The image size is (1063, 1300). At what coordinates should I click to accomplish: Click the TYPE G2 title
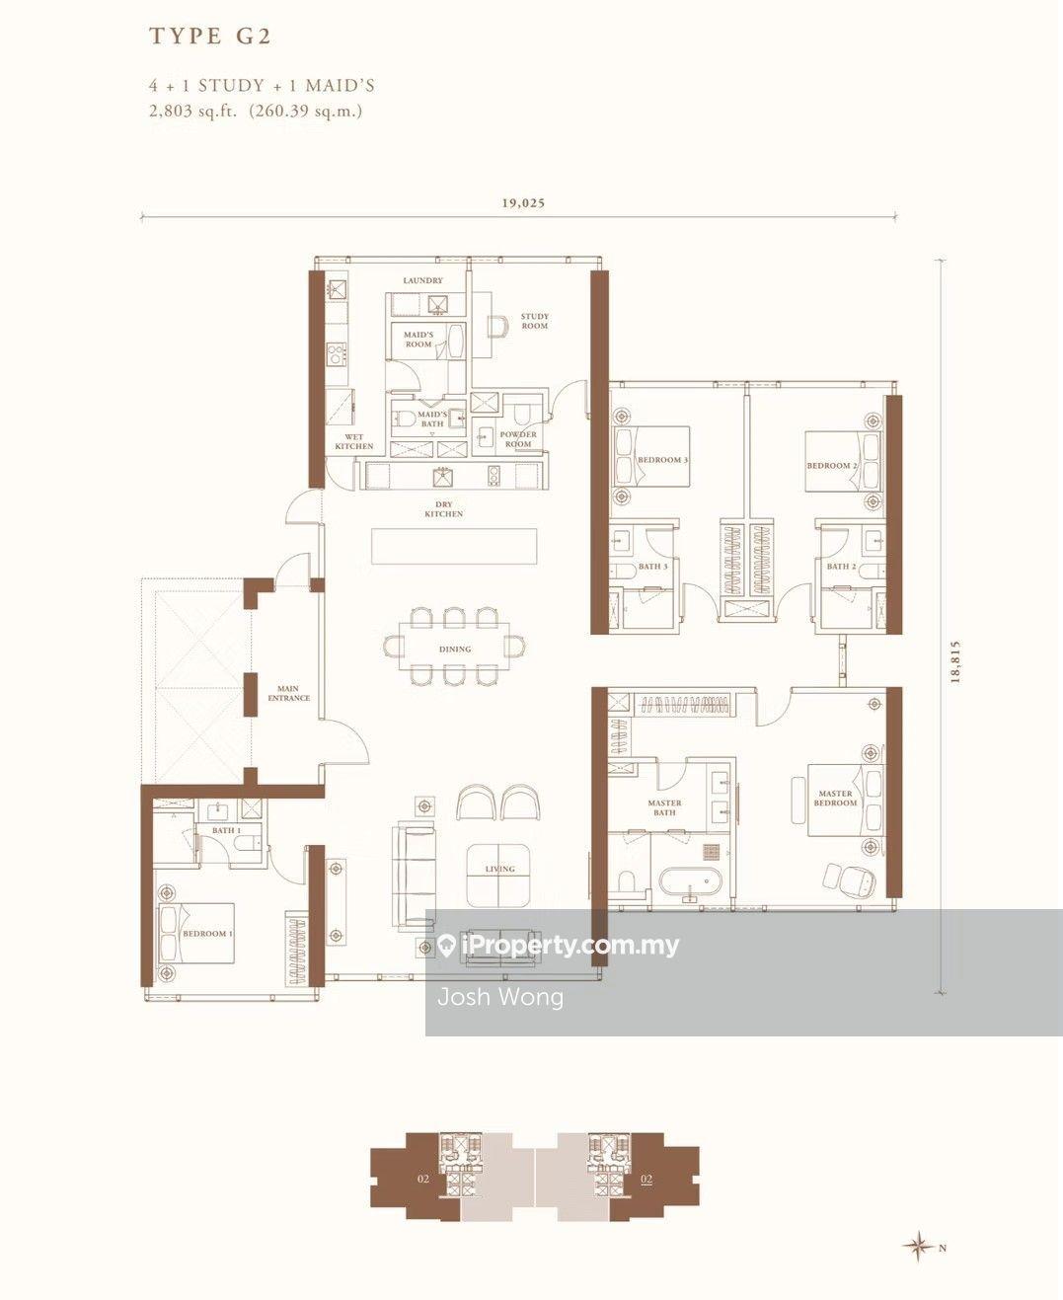click(x=210, y=37)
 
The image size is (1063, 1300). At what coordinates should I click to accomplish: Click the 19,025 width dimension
click(x=523, y=203)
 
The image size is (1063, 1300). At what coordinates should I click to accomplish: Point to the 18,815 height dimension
click(x=954, y=662)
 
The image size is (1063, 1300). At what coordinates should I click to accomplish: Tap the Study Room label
click(x=535, y=321)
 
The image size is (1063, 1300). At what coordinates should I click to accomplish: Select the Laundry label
click(x=422, y=281)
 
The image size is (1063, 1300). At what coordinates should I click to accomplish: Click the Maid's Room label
click(x=418, y=340)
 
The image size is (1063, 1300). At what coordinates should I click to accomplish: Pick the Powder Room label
click(x=518, y=439)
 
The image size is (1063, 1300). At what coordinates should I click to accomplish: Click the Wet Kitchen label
click(x=353, y=441)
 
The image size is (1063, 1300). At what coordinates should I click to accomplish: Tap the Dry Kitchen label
click(x=444, y=509)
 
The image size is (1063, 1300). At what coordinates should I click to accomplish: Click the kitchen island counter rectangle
click(x=454, y=546)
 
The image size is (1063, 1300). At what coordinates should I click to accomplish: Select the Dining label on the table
click(x=455, y=650)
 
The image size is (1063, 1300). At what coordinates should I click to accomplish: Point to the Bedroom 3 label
click(x=662, y=460)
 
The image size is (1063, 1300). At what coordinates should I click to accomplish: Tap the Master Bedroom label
click(x=835, y=798)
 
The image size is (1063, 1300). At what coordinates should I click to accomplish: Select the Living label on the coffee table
click(x=499, y=869)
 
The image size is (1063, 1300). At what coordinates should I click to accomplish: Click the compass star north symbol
click(x=919, y=1247)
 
